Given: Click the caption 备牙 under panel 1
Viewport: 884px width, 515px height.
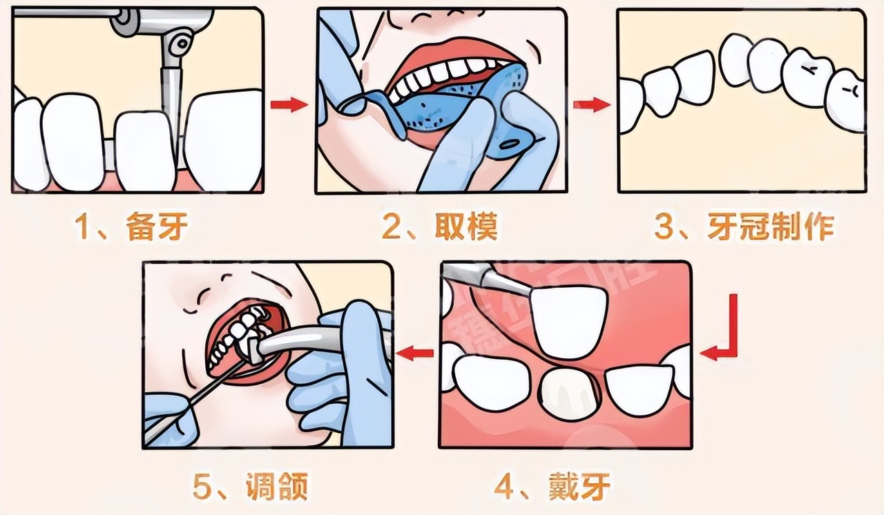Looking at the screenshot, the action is coord(157,226).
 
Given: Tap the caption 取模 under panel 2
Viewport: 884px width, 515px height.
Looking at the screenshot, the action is coord(465,226).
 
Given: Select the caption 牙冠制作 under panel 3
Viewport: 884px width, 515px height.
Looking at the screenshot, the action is coord(770,226).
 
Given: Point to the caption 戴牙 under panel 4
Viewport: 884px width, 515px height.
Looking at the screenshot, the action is coord(579,487).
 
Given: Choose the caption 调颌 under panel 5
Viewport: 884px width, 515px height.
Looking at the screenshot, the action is coord(277,487).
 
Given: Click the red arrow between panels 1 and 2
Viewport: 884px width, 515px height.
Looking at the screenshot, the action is coord(289,105).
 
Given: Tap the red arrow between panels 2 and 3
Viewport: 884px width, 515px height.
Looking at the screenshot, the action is coord(592,105).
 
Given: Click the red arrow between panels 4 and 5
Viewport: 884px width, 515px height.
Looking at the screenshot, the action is coord(415,353).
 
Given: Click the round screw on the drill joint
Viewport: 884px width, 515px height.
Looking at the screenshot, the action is coord(182,42).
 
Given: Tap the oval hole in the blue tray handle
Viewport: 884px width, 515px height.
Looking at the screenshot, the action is coord(512,145).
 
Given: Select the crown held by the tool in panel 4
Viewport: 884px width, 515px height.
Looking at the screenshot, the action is coord(568,322).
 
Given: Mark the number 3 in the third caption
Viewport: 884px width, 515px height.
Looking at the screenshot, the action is coord(664,227).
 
